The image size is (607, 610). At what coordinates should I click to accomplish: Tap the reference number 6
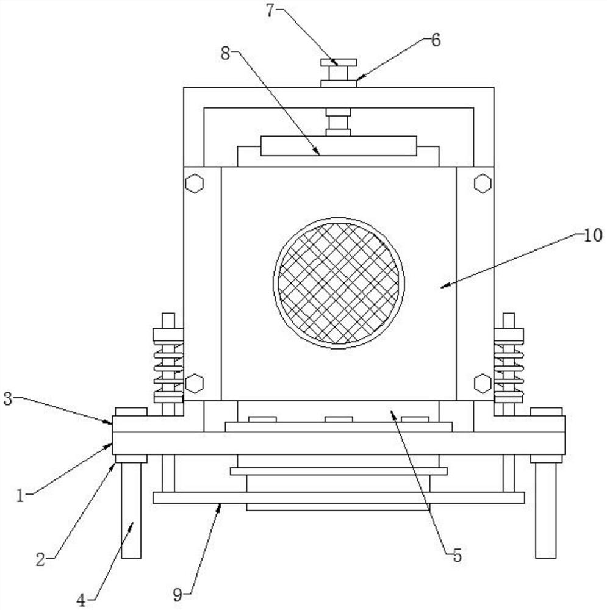coord(435,40)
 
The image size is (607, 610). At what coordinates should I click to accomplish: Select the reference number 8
coord(226,54)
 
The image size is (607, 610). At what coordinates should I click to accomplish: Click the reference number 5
coord(457,555)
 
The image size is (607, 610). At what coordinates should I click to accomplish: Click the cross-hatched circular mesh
coord(339,282)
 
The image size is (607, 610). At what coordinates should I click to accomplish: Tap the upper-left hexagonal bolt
coord(194,183)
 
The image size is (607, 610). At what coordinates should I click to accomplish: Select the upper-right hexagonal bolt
coord(483,183)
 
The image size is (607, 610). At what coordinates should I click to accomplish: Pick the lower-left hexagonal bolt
coord(194,383)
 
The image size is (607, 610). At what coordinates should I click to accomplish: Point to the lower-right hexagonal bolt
coord(483,383)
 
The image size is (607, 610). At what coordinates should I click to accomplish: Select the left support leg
coord(131,509)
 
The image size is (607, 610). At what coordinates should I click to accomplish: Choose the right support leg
coord(545,509)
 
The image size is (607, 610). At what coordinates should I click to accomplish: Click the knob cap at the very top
coord(339,62)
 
